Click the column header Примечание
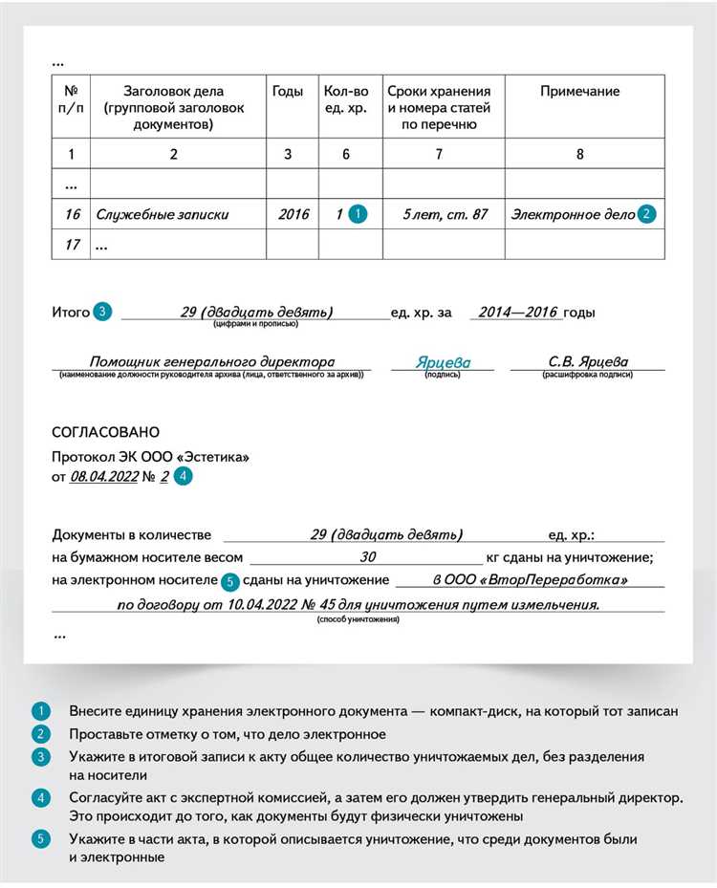[x=579, y=92]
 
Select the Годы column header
[x=287, y=92]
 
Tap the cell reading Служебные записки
[x=163, y=214]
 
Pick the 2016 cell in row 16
[x=293, y=214]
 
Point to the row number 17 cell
[x=72, y=245]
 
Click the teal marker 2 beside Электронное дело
[x=647, y=214]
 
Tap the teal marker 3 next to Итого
[x=102, y=312]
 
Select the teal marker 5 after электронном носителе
[x=229, y=580]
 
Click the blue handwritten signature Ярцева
[x=443, y=363]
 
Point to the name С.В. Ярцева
[x=588, y=362]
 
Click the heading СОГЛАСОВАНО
[x=106, y=432]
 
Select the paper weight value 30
[x=367, y=557]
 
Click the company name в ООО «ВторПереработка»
[x=530, y=580]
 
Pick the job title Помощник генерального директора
[x=211, y=362]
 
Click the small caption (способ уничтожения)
[x=358, y=619]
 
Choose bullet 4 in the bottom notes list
[x=40, y=797]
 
